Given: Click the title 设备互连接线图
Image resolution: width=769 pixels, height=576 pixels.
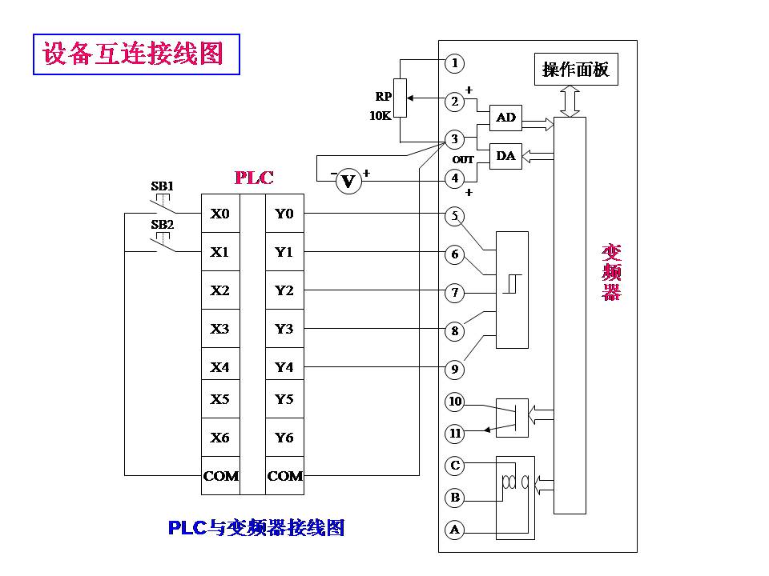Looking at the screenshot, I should point(133,54).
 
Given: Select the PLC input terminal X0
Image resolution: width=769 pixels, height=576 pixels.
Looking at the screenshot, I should point(219,214).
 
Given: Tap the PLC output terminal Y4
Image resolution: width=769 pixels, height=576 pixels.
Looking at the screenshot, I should point(284,367).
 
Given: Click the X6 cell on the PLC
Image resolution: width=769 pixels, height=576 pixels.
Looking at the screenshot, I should point(219,438).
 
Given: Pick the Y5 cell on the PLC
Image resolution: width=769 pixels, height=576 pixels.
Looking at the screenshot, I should point(284,399).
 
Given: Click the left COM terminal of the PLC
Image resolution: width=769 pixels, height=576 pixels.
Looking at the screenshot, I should point(220,476).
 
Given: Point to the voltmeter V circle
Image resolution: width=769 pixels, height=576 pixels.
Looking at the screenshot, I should point(348,182).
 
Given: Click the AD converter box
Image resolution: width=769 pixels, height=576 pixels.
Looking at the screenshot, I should point(505,118).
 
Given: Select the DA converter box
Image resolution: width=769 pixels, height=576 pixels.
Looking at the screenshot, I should point(505,156).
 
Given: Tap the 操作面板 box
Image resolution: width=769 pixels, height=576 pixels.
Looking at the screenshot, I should point(575,70).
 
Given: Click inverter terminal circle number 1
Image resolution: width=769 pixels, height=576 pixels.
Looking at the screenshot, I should point(455,62).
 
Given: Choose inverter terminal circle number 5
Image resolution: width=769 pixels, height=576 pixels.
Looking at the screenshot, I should point(455,215).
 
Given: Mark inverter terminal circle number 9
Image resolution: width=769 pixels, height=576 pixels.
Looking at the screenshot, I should point(455,369).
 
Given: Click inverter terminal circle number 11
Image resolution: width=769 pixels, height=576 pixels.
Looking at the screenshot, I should point(455,434).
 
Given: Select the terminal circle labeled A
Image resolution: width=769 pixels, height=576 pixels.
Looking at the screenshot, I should point(455,529).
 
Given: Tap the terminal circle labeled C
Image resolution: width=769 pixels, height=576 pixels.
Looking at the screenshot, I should point(455,465).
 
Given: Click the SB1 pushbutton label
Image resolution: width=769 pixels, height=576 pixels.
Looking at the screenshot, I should point(162,186).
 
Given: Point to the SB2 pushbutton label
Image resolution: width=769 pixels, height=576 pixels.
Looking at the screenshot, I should point(162,224).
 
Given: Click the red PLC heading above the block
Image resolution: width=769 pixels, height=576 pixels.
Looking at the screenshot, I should point(253,177).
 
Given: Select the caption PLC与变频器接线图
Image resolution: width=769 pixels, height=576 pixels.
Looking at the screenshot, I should point(256,527).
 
